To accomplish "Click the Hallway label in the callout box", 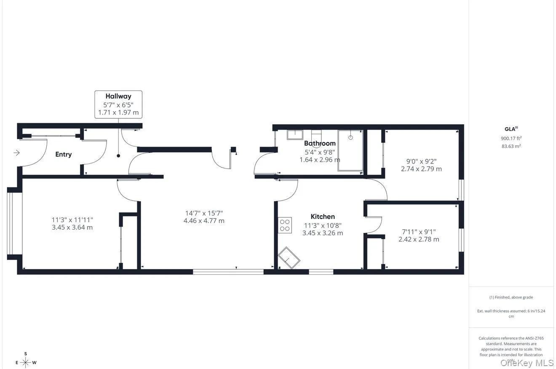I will (118, 96).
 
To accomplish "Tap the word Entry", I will (64, 155).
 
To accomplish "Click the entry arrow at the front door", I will (16, 153).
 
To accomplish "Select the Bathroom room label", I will (320, 144).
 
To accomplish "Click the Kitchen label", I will (323, 217).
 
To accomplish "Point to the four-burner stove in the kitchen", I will (285, 225).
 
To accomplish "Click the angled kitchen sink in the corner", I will (289, 258).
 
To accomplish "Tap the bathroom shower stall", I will (350, 150).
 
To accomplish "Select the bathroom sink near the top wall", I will (295, 135).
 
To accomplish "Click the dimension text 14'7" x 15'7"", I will (204, 214).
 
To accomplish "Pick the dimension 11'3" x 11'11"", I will (72, 220).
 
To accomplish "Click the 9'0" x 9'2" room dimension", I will (421, 161).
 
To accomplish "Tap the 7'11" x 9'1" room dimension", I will (419, 232).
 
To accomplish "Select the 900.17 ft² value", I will (511, 138).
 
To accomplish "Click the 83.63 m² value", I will (511, 146).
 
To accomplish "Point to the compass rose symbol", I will (26, 362).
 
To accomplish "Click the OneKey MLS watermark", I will (527, 363).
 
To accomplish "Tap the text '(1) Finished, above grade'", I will (511, 297).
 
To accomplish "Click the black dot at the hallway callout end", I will (118, 156).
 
